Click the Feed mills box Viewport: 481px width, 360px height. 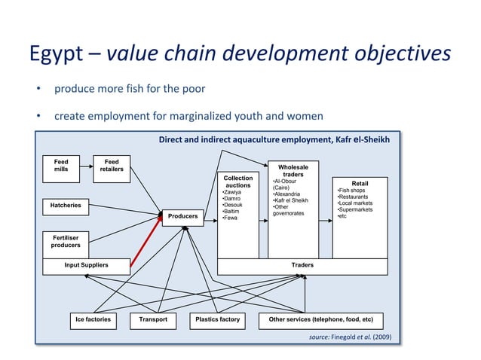[61, 165]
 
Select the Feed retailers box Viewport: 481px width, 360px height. [112, 165]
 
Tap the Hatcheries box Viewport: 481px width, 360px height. [66, 205]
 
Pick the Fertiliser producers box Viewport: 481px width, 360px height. [66, 240]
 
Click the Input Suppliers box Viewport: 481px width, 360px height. [86, 265]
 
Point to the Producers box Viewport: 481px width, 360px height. [182, 216]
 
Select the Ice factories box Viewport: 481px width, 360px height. [93, 319]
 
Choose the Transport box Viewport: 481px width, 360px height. [153, 319]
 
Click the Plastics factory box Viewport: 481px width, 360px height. [217, 319]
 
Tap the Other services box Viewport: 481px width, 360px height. [321, 319]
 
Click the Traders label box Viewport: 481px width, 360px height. [302, 265]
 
